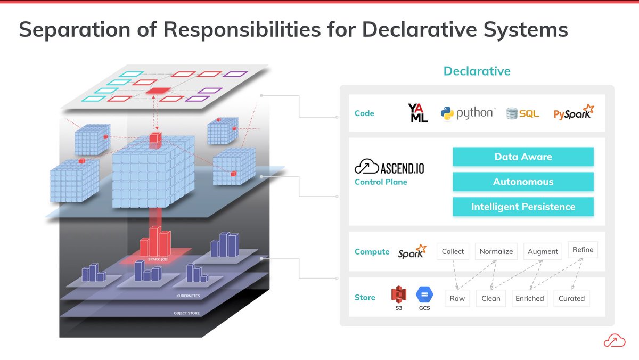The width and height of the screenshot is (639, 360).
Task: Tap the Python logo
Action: click(468, 113)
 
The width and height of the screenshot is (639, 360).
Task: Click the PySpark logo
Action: click(574, 113)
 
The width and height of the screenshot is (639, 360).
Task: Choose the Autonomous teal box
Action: click(523, 182)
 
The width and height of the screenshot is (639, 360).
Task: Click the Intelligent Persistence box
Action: click(523, 207)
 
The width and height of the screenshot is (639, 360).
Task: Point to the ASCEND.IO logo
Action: click(389, 167)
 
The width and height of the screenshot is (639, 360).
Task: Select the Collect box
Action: click(453, 251)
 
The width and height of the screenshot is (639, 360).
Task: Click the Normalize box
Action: click(496, 251)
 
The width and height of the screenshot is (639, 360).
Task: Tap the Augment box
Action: click(543, 251)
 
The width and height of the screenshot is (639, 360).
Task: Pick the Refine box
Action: click(583, 249)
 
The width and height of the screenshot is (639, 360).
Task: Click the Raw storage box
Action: click(457, 298)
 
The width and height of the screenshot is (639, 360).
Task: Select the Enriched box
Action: click(529, 298)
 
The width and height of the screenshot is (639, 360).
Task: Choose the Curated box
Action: click(571, 298)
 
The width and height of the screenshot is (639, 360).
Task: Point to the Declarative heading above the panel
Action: click(477, 71)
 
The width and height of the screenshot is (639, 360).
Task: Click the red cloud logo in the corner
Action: click(614, 340)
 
